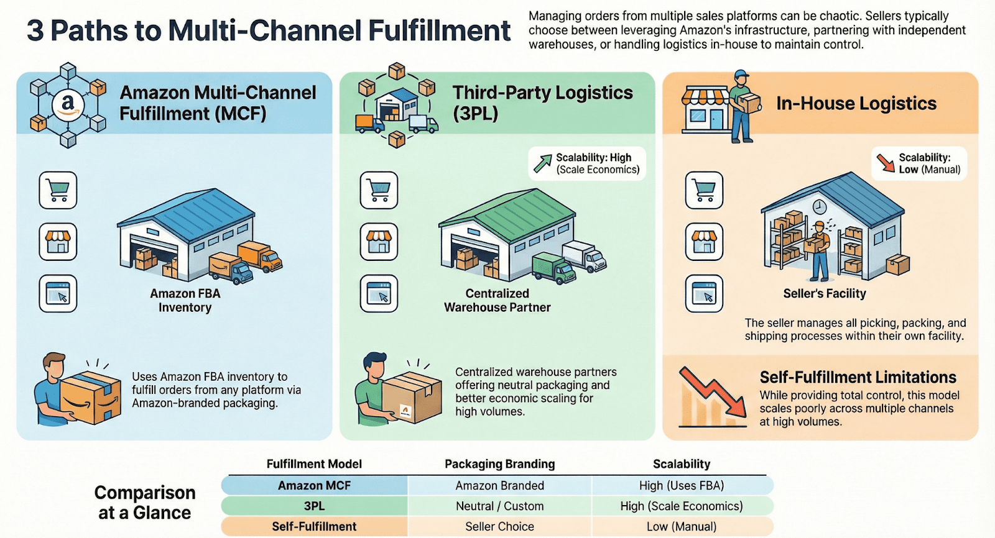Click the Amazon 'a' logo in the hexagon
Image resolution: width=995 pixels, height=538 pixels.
coord(67,105)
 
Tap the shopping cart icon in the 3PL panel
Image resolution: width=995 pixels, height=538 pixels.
coord(379,189)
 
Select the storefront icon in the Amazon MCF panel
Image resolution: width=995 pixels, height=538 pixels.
coord(58,242)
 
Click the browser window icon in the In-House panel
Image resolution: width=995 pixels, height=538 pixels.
coord(704,293)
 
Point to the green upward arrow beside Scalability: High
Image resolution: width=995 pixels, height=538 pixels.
coord(542,163)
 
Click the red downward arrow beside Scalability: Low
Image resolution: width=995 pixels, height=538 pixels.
coord(885,163)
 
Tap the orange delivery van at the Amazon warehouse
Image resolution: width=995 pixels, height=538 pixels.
coord(260,255)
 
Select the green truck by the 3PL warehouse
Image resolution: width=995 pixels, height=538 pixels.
coord(553,268)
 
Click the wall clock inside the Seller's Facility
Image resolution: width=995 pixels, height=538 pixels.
coord(820,206)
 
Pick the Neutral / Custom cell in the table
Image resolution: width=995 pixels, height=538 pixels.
coord(499,506)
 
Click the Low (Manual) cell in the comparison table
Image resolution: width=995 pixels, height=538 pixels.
coord(681,527)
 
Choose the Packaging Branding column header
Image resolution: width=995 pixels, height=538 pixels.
coord(499,464)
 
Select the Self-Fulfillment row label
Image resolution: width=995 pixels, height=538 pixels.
coord(314,527)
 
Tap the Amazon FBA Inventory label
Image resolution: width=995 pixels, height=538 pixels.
coord(185,301)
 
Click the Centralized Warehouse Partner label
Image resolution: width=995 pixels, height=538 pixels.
coord(497,301)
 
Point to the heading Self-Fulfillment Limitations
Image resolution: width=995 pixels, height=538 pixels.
coord(858,377)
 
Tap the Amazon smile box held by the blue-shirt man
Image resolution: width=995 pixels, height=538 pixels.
coord(91,398)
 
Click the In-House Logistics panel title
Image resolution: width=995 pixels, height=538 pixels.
coord(856,104)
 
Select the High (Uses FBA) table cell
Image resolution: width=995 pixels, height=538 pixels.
coord(681,486)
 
